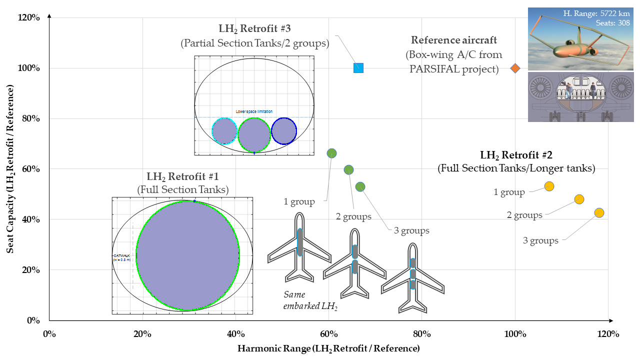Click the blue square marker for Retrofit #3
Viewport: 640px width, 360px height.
point(358,68)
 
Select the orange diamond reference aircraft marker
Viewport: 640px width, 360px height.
point(515,68)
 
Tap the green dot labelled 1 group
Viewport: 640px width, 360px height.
point(331,153)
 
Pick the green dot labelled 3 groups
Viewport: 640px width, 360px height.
point(360,186)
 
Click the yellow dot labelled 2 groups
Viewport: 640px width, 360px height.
point(579,199)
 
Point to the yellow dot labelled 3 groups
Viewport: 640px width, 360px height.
point(599,212)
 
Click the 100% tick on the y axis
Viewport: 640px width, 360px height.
point(30,68)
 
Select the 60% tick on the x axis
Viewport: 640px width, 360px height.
point(329,334)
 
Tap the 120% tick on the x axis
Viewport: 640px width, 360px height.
point(608,334)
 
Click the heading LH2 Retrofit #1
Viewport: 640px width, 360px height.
point(182,176)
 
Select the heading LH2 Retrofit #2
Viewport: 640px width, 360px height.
point(516,155)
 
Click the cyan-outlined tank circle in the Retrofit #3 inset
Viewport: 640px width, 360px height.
point(224,131)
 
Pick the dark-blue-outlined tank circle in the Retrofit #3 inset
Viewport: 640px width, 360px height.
point(284,131)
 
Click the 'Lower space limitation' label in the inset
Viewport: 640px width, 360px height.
point(254,111)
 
